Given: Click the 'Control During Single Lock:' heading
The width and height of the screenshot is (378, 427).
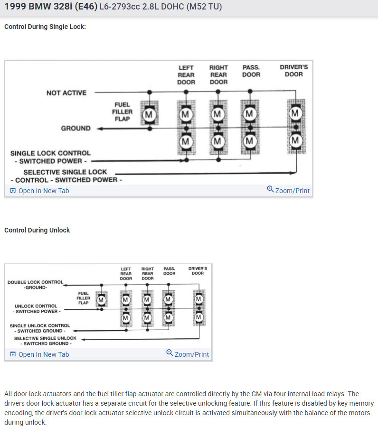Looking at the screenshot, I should click(45, 27).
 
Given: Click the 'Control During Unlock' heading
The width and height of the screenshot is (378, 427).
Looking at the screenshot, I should click(37, 230).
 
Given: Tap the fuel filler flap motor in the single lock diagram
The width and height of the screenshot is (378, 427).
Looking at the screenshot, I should click(149, 114).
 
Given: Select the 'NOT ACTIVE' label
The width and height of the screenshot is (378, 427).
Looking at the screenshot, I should click(66, 93).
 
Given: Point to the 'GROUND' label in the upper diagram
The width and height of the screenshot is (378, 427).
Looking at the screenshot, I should click(76, 129).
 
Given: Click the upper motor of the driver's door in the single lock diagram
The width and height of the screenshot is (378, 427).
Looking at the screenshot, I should click(295, 113).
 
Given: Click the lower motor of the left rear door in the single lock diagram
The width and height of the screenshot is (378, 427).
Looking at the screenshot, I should click(186, 141).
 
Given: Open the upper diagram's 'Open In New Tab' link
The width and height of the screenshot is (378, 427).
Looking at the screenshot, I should click(40, 191).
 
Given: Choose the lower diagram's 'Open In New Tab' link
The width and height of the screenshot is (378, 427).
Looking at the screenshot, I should click(40, 354).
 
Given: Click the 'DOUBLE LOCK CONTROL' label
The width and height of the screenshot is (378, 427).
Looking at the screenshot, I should click(35, 282).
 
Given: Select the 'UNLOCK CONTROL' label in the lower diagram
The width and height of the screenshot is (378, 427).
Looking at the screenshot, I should click(36, 306).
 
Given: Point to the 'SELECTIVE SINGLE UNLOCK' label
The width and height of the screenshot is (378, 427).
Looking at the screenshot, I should click(45, 338).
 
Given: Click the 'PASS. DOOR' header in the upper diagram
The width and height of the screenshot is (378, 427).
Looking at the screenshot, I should click(251, 71).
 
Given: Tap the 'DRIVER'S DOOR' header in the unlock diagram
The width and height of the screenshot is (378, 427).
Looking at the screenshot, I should click(198, 270).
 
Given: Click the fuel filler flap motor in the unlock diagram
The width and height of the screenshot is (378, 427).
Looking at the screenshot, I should click(101, 300).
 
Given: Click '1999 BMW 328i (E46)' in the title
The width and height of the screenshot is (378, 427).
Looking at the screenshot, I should click(50, 7).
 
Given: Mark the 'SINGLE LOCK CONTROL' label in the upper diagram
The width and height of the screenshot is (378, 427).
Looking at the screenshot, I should click(50, 153).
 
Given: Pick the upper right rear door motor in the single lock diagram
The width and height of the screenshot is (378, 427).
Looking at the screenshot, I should click(217, 114).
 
